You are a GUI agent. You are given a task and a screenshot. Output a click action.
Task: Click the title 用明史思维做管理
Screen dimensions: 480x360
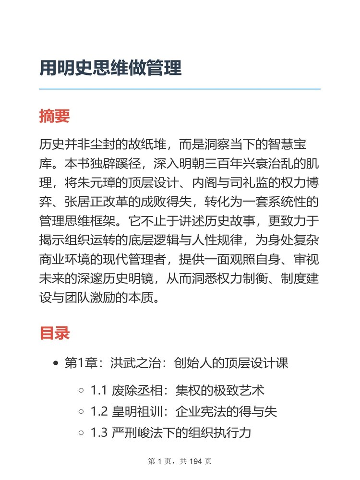pyautogui.click(x=110, y=68)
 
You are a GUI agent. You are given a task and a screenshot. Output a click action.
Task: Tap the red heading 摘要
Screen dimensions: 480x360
pyautogui.click(x=55, y=116)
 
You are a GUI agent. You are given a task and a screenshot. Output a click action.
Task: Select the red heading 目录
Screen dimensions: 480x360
pyautogui.click(x=55, y=333)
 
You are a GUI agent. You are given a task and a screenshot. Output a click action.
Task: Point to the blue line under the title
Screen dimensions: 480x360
pyautogui.click(x=180, y=89)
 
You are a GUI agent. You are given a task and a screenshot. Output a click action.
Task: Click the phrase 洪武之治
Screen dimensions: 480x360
pyautogui.click(x=128, y=363)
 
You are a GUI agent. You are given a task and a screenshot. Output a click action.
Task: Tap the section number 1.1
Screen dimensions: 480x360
pyautogui.click(x=99, y=390)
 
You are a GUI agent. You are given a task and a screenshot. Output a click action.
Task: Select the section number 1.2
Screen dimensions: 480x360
pyautogui.click(x=99, y=411)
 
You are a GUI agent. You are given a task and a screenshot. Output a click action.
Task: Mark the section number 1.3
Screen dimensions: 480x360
pyautogui.click(x=99, y=433)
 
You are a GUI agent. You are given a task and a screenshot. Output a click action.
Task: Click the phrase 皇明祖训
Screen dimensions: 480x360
pyautogui.click(x=137, y=411)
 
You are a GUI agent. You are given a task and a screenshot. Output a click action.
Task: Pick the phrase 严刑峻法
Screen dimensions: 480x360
pyautogui.click(x=137, y=433)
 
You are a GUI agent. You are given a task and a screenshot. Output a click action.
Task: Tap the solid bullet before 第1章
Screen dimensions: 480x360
pyautogui.click(x=56, y=363)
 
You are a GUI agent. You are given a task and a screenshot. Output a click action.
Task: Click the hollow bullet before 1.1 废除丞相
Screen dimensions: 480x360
pyautogui.click(x=81, y=390)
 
